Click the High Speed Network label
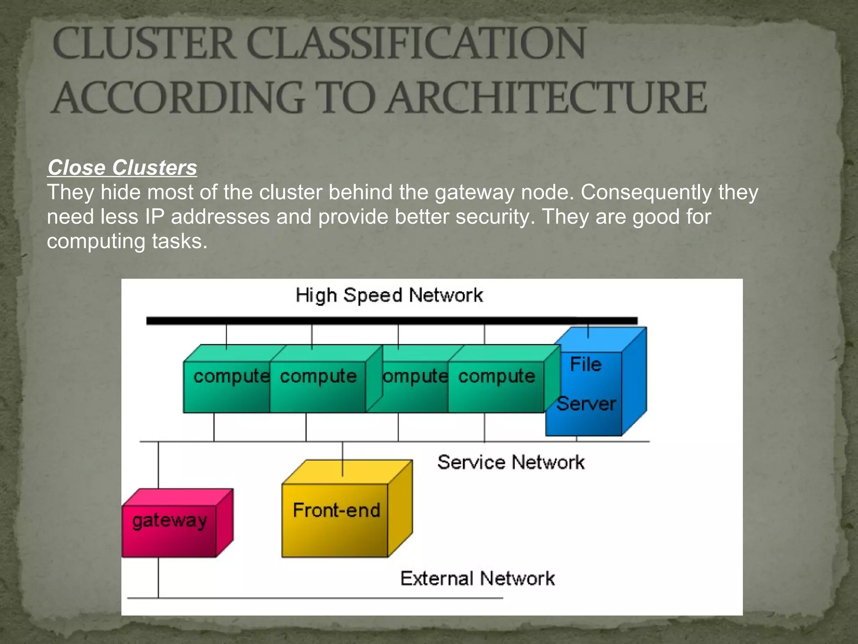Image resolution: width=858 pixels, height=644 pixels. [389, 295]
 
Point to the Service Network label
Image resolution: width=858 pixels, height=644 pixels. [511, 462]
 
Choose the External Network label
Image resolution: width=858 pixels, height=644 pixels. [478, 579]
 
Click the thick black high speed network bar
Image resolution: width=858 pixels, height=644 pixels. [392, 321]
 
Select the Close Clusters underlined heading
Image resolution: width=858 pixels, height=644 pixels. [122, 168]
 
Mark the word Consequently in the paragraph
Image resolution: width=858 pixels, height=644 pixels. [646, 193]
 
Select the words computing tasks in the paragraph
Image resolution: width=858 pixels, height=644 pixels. [127, 241]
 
